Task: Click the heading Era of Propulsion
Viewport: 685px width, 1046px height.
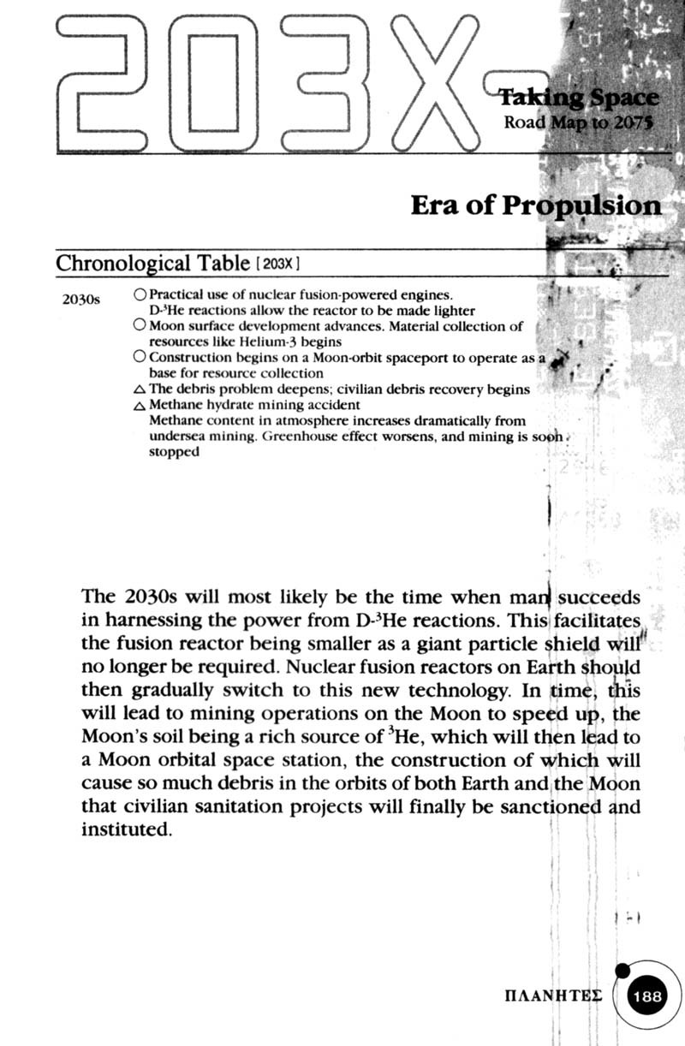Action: click(536, 206)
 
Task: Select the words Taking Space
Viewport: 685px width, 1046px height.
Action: click(578, 98)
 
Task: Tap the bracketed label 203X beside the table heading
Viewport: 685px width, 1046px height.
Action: click(280, 264)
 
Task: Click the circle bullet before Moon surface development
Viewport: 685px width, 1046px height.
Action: click(140, 326)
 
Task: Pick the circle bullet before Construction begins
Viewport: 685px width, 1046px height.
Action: click(140, 358)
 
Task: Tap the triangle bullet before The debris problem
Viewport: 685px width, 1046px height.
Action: click(140, 390)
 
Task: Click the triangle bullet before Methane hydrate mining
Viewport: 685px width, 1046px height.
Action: click(140, 406)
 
